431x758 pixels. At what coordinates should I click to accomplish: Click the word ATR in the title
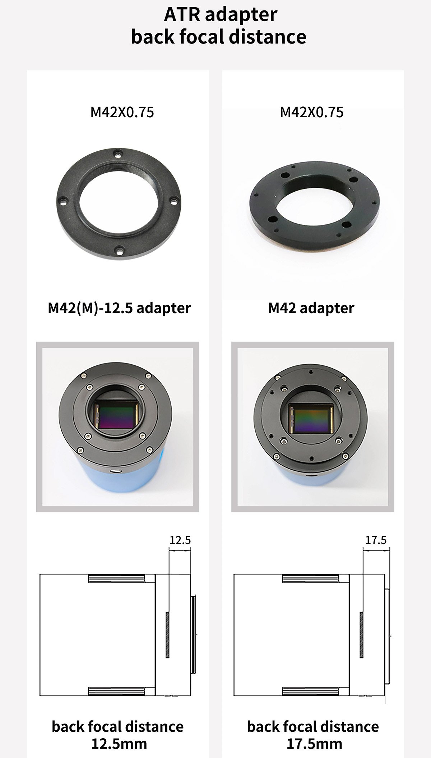pos(182,15)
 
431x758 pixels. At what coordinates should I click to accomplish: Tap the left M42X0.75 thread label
pos(122,112)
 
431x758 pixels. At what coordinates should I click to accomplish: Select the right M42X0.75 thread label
pos(312,112)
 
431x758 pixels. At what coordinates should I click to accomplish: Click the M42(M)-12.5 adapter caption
pos(119,308)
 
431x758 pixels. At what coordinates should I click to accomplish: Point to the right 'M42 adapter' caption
pos(311,308)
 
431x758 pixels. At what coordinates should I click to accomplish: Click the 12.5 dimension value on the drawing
pos(180,540)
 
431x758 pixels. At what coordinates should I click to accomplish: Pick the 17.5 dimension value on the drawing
pos(376,540)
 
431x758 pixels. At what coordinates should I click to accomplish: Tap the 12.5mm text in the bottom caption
pos(119,744)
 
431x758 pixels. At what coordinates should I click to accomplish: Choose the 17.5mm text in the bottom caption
pos(314,744)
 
